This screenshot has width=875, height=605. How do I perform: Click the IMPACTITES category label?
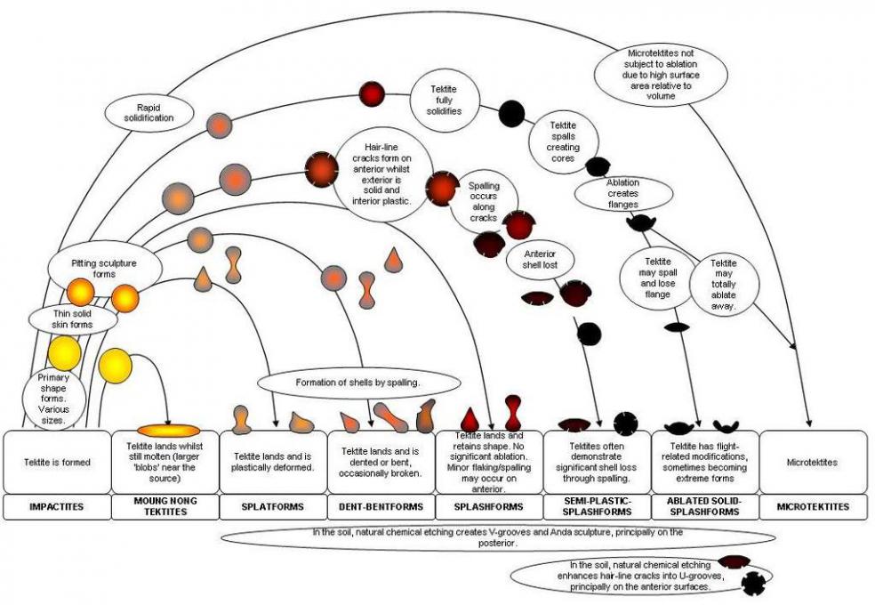click(55, 507)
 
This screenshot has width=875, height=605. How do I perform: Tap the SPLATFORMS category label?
click(272, 507)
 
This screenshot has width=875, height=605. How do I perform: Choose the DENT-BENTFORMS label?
click(380, 507)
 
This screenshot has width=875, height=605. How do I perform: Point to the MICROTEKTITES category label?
click(813, 507)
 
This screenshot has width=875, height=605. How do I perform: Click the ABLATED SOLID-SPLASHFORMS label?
click(704, 507)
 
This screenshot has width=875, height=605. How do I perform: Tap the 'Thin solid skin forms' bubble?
click(73, 318)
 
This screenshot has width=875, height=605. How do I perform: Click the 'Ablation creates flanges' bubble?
click(622, 193)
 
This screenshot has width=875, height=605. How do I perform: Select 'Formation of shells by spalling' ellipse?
click(359, 383)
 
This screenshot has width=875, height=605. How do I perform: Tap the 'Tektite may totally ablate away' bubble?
click(725, 283)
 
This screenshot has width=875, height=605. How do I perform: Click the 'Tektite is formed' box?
click(55, 462)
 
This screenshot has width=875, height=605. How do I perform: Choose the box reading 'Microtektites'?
click(813, 462)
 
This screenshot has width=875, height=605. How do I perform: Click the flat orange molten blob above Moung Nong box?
click(168, 431)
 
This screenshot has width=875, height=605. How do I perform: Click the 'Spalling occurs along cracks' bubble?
click(485, 200)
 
